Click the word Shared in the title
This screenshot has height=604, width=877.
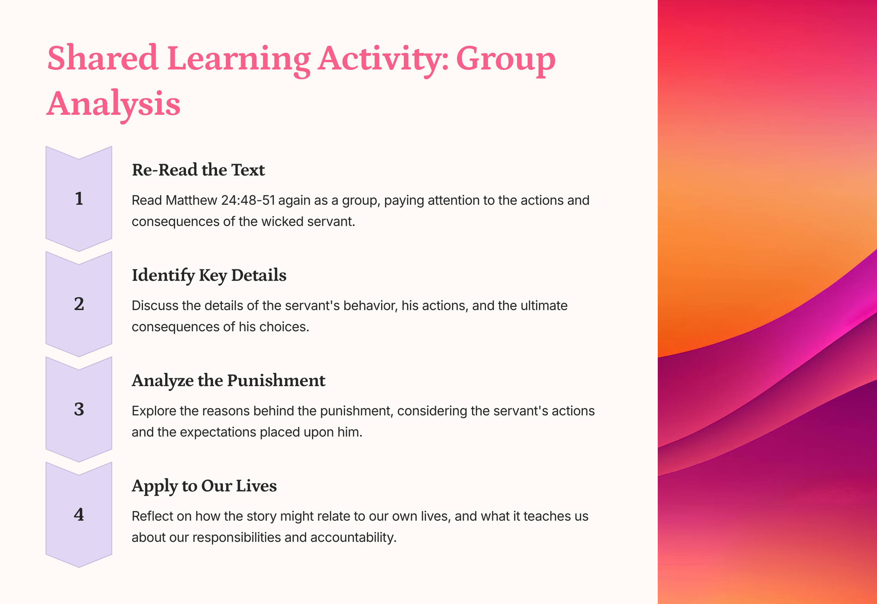pyautogui.click(x=103, y=59)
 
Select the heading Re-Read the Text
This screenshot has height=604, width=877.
pyautogui.click(x=198, y=170)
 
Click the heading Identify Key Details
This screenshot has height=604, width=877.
pyautogui.click(x=209, y=275)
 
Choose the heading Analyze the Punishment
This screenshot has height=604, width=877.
pyautogui.click(x=229, y=380)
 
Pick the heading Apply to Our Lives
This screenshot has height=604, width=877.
pyautogui.click(x=204, y=486)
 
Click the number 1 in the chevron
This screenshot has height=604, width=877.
pyautogui.click(x=79, y=199)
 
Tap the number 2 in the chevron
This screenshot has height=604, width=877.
pyautogui.click(x=79, y=304)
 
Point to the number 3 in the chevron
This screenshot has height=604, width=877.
pyautogui.click(x=79, y=410)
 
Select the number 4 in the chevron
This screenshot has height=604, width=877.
pyautogui.click(x=79, y=514)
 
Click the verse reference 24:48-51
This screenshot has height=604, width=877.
pyautogui.click(x=248, y=200)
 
